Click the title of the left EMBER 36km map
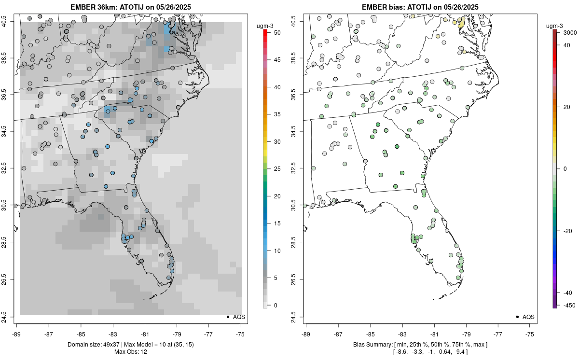tap(130, 7)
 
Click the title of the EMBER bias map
tap(420, 7)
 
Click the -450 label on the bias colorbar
tap(567, 305)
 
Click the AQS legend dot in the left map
tap(227, 317)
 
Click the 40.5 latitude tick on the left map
tap(10, 21)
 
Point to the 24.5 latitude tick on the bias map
tap(299, 317)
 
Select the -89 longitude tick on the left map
tap(16, 334)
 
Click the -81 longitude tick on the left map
tap(145, 334)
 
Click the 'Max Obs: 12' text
tap(130, 351)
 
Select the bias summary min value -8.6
tap(401, 352)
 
